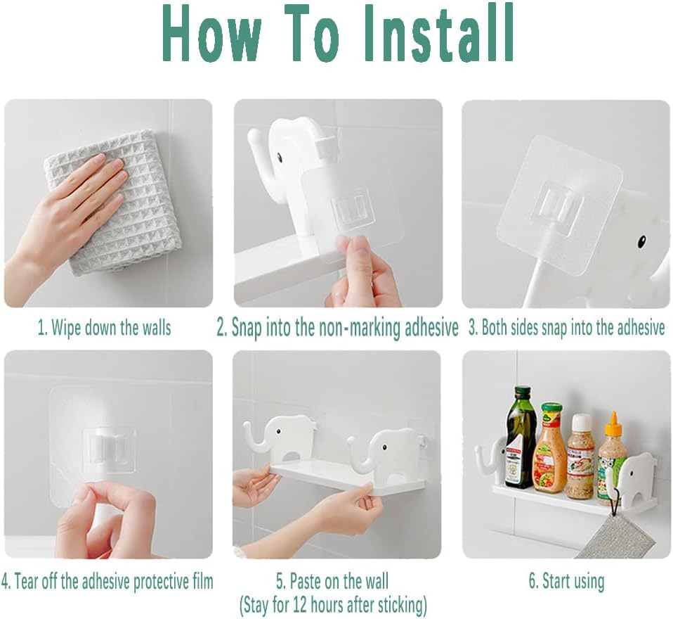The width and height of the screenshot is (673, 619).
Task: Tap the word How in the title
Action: point(211,34)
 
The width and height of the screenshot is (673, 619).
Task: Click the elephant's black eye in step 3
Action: point(643,239)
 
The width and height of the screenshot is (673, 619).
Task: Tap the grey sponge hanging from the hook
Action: point(631,534)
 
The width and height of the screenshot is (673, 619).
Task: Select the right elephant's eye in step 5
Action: point(384,447)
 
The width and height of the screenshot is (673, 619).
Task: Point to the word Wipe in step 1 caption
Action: point(67,328)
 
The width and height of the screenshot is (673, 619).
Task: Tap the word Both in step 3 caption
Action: point(492,328)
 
